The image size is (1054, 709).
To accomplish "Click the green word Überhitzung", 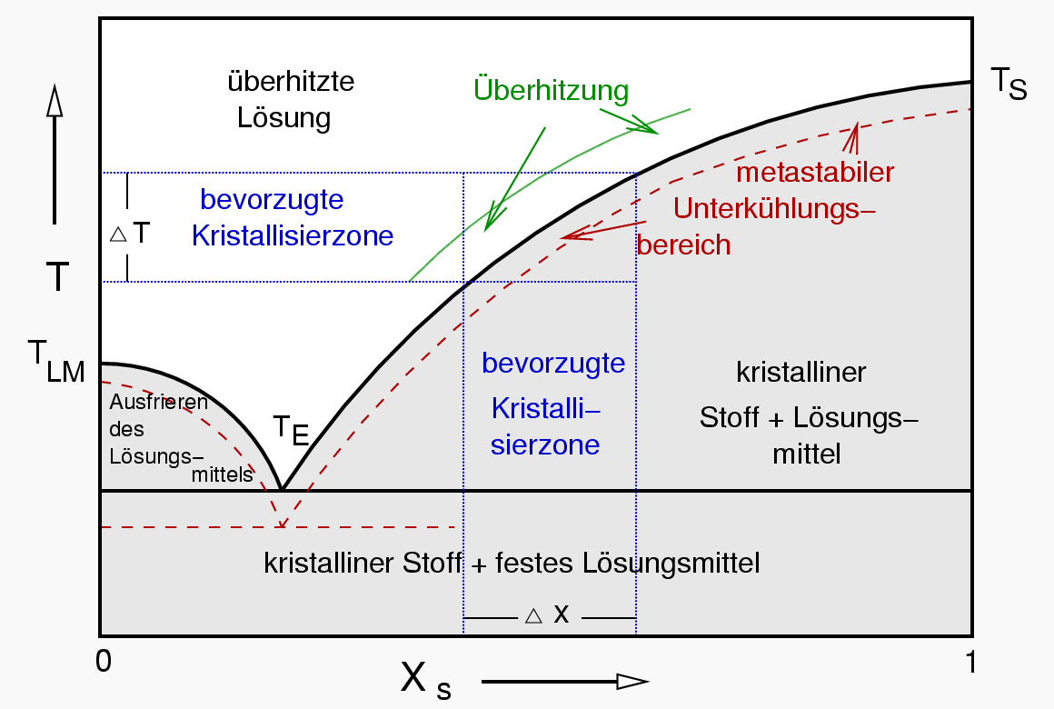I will click(551, 90).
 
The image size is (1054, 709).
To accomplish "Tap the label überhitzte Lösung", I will click(290, 100).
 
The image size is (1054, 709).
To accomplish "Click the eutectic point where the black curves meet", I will click(283, 490).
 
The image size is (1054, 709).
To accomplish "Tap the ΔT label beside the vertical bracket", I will click(130, 233).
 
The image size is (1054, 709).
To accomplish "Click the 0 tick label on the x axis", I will click(104, 661).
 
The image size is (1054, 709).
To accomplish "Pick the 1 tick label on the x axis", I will click(970, 661).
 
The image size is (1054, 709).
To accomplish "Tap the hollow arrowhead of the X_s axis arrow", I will click(631, 682).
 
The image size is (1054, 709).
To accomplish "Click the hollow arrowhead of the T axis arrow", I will click(55, 102).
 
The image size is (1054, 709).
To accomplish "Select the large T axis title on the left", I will click(56, 276).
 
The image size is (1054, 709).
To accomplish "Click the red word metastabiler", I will click(815, 172).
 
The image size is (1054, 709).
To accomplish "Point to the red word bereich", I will click(683, 245).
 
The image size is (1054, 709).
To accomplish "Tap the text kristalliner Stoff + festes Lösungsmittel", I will click(512, 564).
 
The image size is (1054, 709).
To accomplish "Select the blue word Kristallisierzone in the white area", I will click(293, 236).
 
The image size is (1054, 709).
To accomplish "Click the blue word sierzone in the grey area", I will click(544, 445).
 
